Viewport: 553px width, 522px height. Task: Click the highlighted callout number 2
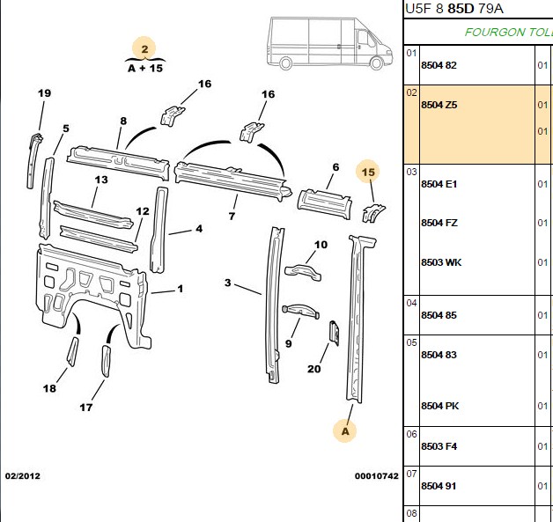[144, 49]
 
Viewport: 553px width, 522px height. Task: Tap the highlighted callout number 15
[368, 172]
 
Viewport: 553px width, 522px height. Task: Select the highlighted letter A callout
[345, 431]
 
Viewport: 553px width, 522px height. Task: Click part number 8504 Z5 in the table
[439, 105]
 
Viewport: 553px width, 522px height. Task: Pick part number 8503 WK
[441, 262]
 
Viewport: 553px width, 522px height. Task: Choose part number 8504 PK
[439, 406]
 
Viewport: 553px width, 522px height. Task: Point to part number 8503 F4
[439, 446]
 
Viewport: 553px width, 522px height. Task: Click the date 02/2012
[23, 476]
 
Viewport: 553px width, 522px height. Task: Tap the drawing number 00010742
[376, 476]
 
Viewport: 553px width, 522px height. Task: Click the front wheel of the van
[376, 63]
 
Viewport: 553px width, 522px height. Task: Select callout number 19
[44, 93]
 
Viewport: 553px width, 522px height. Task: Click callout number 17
[86, 408]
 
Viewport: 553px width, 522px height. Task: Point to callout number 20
[313, 369]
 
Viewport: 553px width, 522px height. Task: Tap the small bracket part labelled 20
[335, 333]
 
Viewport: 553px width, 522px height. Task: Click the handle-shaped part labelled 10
[303, 273]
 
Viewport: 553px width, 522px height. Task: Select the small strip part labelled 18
[73, 351]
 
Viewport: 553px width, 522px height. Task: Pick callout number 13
[101, 180]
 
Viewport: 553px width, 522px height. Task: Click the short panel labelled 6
[324, 203]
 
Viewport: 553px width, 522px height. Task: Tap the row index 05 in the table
[411, 342]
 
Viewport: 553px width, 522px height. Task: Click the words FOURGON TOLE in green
[509, 33]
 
